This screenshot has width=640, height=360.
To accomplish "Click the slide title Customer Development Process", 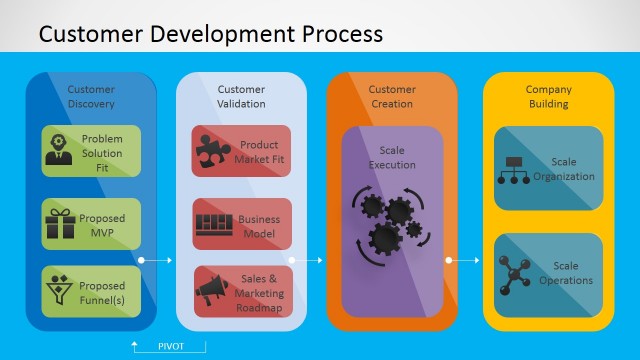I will pyautogui.click(x=210, y=33).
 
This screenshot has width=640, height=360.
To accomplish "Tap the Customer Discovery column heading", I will pyautogui.click(x=91, y=96).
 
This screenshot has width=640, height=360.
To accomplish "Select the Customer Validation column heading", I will pyautogui.click(x=241, y=96).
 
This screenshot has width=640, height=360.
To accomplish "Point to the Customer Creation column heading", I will pyautogui.click(x=391, y=96).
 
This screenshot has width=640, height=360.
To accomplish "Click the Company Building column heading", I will pyautogui.click(x=548, y=96).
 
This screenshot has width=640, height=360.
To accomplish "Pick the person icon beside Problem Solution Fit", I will pyautogui.click(x=59, y=150).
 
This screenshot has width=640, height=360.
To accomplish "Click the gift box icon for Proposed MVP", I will pyautogui.click(x=60, y=223).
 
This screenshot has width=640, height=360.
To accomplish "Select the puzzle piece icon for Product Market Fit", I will pyautogui.click(x=212, y=151).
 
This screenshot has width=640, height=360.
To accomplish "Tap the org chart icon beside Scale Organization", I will pyautogui.click(x=515, y=171).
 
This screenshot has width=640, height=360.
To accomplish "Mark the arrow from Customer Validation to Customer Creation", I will pyautogui.click(x=307, y=260).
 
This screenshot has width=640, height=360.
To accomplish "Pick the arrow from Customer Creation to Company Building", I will pyautogui.click(x=463, y=260).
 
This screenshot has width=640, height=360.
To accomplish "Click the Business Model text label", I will pyautogui.click(x=259, y=226).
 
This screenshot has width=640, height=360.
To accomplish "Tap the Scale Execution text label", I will pyautogui.click(x=391, y=157).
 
